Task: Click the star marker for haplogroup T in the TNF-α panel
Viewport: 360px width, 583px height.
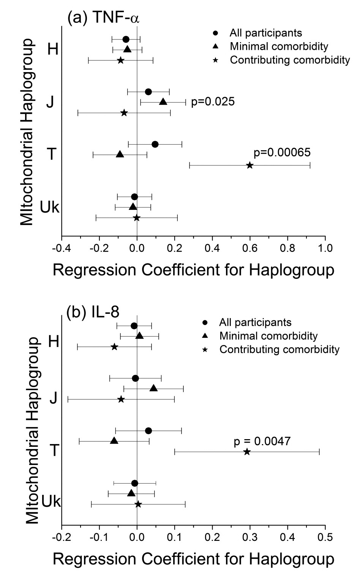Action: pyautogui.click(x=249, y=165)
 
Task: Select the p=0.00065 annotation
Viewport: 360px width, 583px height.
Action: pyautogui.click(x=282, y=153)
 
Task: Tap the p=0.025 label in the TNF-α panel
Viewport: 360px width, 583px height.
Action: pyautogui.click(x=213, y=102)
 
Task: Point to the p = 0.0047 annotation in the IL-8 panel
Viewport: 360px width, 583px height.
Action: pyautogui.click(x=262, y=441)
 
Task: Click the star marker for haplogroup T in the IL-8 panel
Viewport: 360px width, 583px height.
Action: pyautogui.click(x=247, y=452)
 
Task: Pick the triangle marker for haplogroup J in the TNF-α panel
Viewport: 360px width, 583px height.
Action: pyautogui.click(x=163, y=101)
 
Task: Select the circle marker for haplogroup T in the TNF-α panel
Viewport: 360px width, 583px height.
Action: pyautogui.click(x=155, y=144)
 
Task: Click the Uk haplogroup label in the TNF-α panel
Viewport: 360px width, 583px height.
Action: pyautogui.click(x=50, y=207)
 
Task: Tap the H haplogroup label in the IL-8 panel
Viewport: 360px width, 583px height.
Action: pyautogui.click(x=54, y=342)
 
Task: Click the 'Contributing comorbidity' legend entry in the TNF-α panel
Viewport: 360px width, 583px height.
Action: pyautogui.click(x=289, y=60)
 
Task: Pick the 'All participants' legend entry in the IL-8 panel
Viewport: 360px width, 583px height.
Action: pyautogui.click(x=255, y=322)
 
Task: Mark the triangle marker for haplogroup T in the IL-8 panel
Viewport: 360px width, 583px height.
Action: pyautogui.click(x=114, y=441)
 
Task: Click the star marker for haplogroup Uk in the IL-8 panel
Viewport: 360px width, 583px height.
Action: pyautogui.click(x=138, y=504)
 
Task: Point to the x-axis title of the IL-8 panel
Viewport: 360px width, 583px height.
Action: pyautogui.click(x=193, y=559)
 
